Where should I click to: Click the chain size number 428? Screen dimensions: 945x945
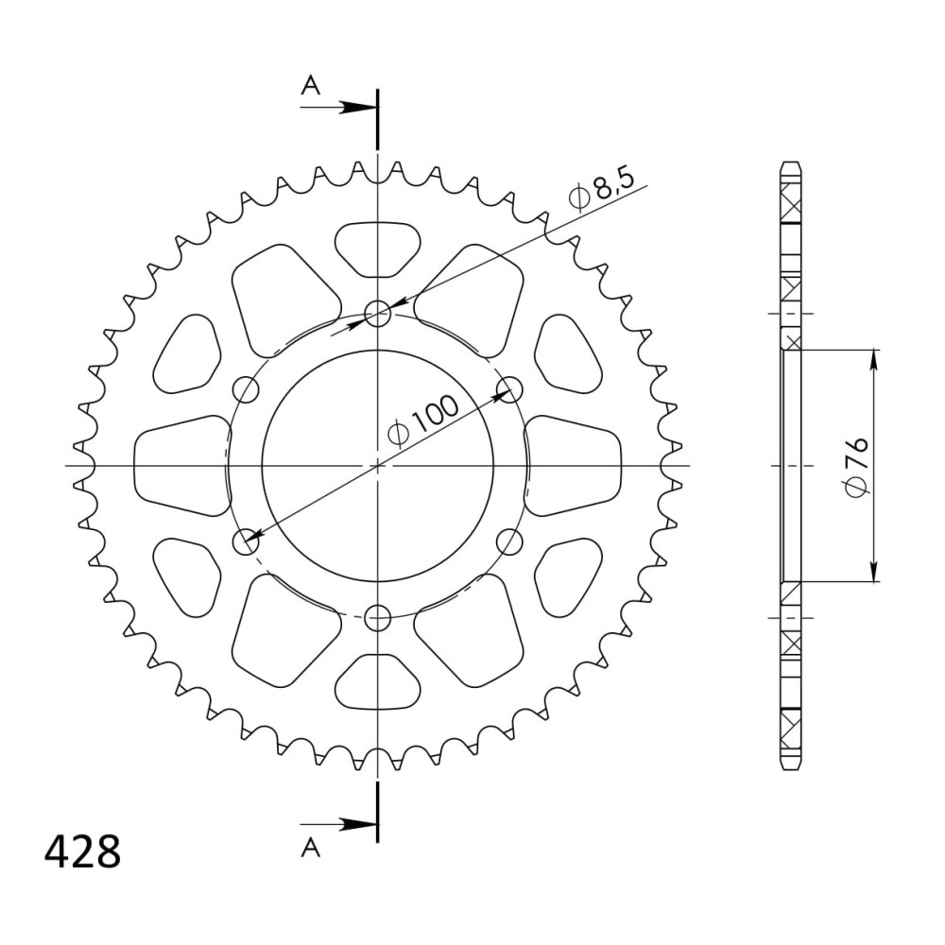coord(82,851)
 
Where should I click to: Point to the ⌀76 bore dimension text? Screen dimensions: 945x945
coord(856,466)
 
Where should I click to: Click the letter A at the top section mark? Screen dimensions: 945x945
coord(311,86)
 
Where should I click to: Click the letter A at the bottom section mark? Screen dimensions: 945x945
coord(311,848)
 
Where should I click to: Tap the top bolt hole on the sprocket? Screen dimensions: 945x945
coord(378,313)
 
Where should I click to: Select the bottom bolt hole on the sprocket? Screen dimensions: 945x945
coord(378,618)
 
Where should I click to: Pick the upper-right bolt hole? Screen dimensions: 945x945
coord(510,389)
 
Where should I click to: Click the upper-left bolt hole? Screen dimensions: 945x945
coord(246,389)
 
